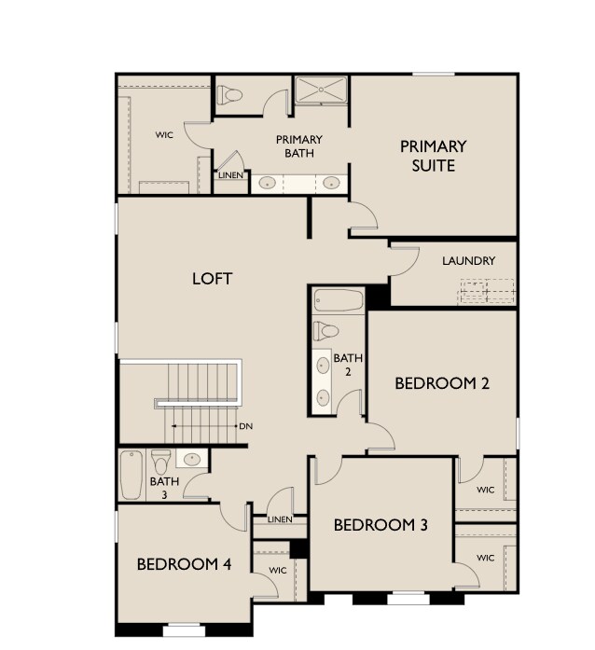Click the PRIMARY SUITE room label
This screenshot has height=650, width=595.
(434, 156)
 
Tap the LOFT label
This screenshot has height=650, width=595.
(213, 279)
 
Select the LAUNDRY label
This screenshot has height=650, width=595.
(468, 261)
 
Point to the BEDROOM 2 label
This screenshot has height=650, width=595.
(442, 383)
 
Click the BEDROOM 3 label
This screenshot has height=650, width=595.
(381, 525)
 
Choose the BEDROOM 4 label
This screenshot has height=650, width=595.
(184, 564)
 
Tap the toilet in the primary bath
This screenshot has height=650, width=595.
(229, 95)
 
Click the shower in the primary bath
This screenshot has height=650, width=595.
(321, 89)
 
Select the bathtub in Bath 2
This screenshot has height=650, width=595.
(339, 300)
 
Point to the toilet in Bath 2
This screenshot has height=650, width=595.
(325, 331)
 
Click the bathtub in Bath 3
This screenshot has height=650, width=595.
(131, 475)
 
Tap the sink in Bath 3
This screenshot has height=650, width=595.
(192, 459)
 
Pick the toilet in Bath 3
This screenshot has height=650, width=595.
(161, 463)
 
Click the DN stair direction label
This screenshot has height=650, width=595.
(246, 426)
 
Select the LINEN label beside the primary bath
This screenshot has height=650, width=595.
(231, 175)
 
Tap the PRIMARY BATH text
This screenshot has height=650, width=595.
(299, 146)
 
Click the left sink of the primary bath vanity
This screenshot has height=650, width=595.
(268, 183)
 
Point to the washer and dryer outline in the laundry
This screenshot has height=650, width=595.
(487, 292)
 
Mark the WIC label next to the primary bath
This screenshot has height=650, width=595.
(165, 135)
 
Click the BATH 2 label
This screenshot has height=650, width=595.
(348, 365)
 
